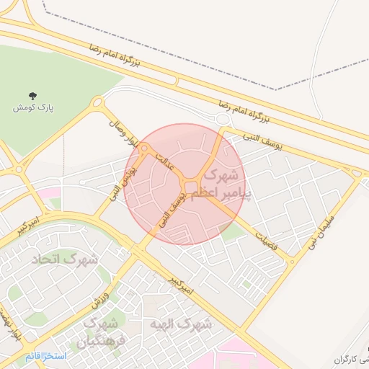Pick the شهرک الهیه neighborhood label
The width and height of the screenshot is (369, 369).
click(x=181, y=324)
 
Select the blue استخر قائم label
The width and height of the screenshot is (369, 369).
click(x=45, y=356)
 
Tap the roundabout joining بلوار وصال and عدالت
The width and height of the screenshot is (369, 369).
click(x=145, y=148)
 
